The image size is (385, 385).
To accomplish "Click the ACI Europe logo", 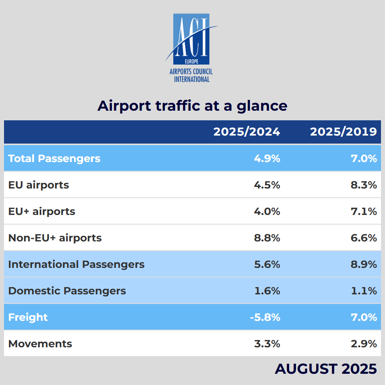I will coord(191,47).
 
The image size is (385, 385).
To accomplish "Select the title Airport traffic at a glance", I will coord(192,106).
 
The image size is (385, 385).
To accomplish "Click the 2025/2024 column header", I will coord(247,132).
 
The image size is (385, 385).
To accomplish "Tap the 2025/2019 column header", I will coord(343,132).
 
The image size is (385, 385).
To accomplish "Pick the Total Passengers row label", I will coord(54,158).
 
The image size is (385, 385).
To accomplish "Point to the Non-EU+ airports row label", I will coord(55,238).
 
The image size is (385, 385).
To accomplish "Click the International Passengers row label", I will coord(76,264).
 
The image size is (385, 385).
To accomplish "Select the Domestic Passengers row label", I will coord(67,291).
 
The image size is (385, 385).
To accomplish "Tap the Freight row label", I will coord(28,317).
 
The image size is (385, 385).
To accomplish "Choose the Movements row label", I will coord(40,344).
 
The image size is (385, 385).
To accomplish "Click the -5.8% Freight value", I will coord(265,317).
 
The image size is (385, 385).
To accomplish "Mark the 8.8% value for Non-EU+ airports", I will coord(267,238).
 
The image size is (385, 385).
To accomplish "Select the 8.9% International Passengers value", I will coord(364,264).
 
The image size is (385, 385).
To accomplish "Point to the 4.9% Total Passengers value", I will coord(267,158).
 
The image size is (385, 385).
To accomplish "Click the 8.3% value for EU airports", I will coord(364,185).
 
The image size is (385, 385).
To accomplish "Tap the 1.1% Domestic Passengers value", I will coord(365,291).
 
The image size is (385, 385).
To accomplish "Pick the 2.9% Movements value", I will coord(364,344).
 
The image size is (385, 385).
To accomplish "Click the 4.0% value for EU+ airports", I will coord(267,211).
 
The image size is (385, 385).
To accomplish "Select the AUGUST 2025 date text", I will coord(326,369).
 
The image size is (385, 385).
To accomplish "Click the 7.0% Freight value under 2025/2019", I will coord(364,317).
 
